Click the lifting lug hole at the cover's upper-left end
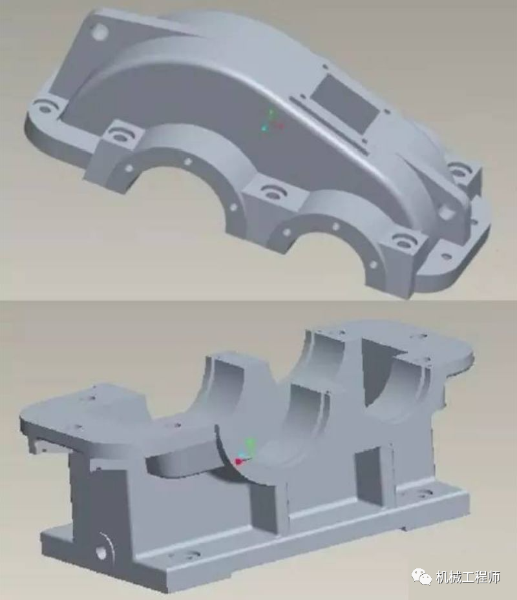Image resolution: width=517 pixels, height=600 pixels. coord(100,32)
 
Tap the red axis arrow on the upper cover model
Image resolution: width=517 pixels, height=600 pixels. coord(280,125)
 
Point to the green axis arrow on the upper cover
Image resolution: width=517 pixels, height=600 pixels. coord(271,114)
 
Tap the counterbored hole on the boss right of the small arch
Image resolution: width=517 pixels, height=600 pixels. coord(403,242)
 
